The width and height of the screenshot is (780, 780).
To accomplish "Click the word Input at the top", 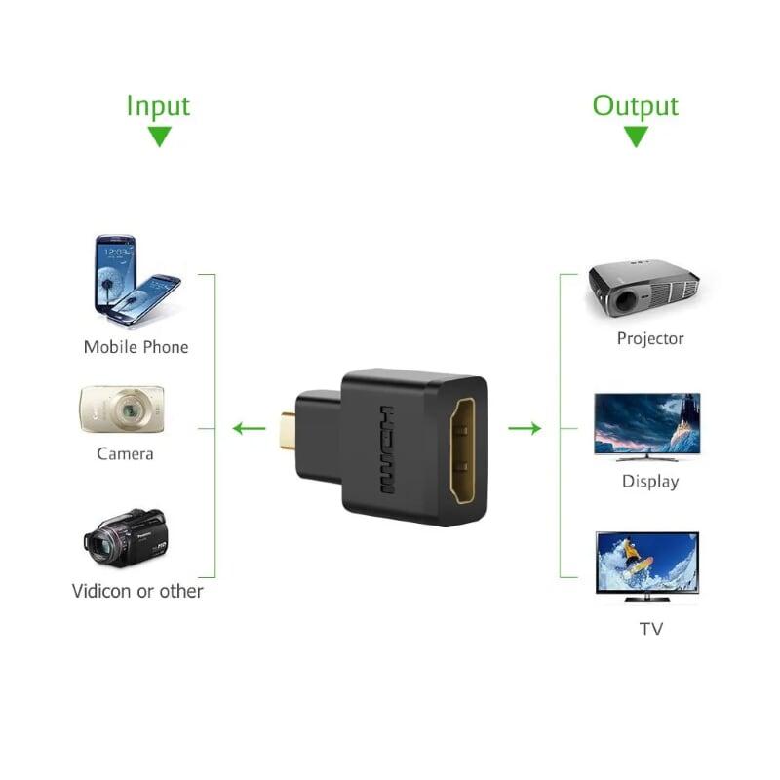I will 158,105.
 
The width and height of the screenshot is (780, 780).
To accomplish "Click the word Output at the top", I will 636,105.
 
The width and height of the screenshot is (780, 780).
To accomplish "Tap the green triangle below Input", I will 159,136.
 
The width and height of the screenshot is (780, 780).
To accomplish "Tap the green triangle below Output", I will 636,136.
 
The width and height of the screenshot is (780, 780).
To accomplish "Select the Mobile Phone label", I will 136,347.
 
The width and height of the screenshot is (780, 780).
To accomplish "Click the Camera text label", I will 125,453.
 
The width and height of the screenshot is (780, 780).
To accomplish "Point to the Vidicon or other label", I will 137,591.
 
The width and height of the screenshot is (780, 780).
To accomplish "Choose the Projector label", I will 650,339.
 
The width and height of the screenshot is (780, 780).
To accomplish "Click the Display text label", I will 650,482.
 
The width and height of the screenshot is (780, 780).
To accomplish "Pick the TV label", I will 651,629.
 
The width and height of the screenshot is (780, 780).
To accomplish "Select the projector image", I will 643,290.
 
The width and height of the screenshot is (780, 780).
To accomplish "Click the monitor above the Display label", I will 647,425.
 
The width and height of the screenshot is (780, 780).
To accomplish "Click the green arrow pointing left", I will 249,427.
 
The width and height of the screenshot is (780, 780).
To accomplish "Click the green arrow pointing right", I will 525,427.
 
